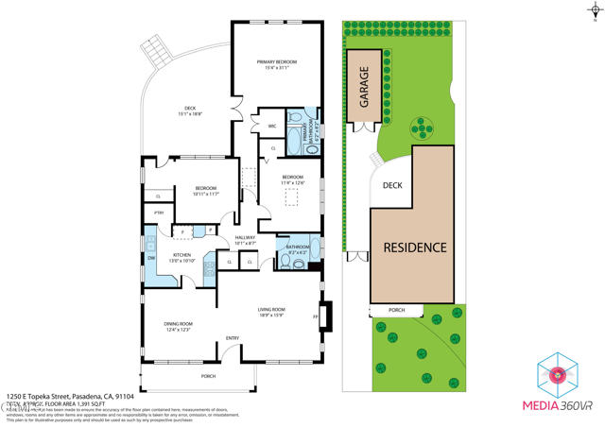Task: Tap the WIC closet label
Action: (271, 125)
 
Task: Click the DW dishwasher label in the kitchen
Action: (150, 257)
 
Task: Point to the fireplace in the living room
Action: (326, 316)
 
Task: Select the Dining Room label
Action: (179, 326)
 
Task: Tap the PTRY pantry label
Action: (159, 213)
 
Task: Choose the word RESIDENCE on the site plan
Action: (413, 248)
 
